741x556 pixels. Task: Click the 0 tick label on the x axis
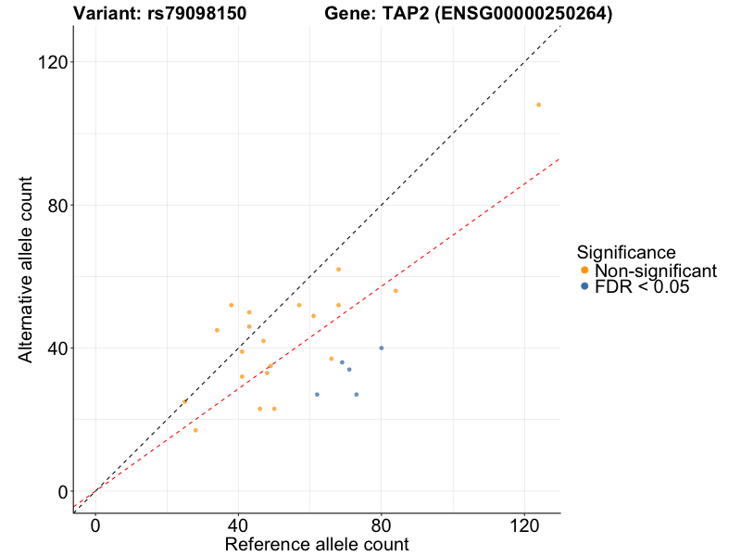click(x=95, y=525)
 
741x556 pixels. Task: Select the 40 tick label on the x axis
click(x=238, y=525)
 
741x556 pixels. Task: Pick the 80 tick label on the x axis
click(x=382, y=525)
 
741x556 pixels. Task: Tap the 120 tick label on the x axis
click(x=524, y=525)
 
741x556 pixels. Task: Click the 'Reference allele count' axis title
click(x=317, y=544)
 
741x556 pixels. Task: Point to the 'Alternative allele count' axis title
click(x=27, y=269)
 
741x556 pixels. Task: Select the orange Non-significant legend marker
click(x=584, y=271)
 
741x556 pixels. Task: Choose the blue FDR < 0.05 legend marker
click(x=584, y=287)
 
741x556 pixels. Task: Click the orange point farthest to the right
click(x=538, y=105)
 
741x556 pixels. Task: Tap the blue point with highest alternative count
click(x=382, y=348)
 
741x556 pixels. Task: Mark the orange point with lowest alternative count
click(x=195, y=430)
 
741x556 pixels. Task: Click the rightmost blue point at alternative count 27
click(x=357, y=395)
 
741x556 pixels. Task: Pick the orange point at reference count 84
click(x=396, y=291)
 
